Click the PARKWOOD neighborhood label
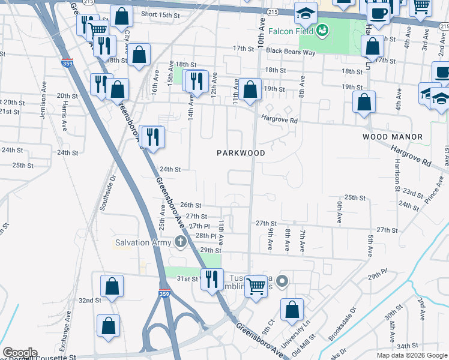(x=241, y=153)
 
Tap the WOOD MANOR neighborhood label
(x=393, y=137)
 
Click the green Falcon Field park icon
(x=322, y=29)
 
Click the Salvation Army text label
(x=143, y=242)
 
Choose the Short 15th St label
(x=160, y=14)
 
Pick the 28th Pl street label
(x=205, y=236)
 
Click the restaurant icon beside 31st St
(x=212, y=279)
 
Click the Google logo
(x=20, y=353)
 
